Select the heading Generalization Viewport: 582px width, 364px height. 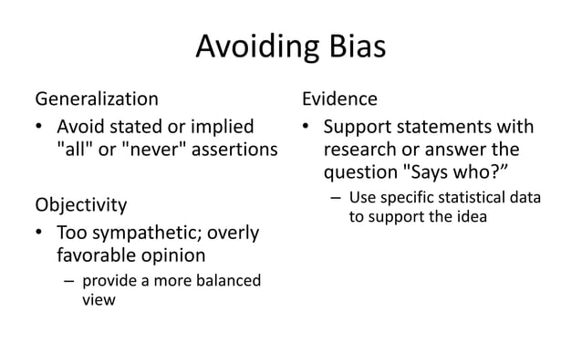(x=96, y=98)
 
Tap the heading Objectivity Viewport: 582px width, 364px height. (x=80, y=203)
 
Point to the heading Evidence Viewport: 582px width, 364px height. (x=339, y=98)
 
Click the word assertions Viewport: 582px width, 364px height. (x=228, y=149)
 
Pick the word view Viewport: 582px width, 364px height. (x=99, y=300)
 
